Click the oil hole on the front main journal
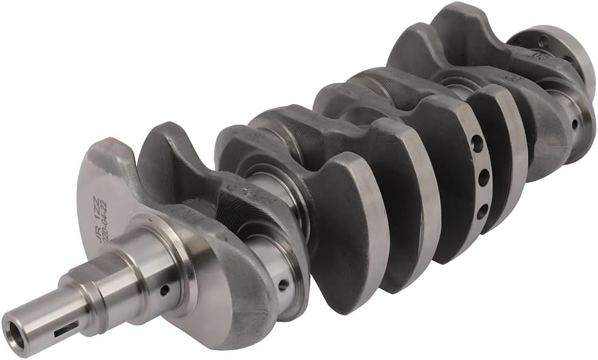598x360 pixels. pyautogui.click(x=164, y=290)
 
